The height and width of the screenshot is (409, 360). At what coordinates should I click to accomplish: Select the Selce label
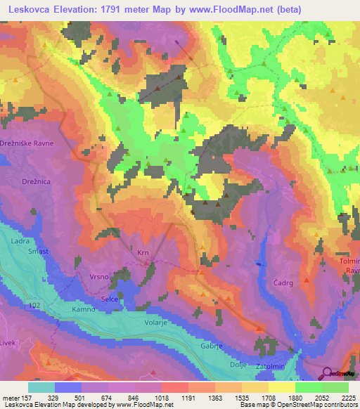pos(110,300)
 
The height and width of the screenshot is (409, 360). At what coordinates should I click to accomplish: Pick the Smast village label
pos(37,250)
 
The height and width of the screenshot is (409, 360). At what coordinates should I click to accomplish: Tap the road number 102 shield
pos(34,305)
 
